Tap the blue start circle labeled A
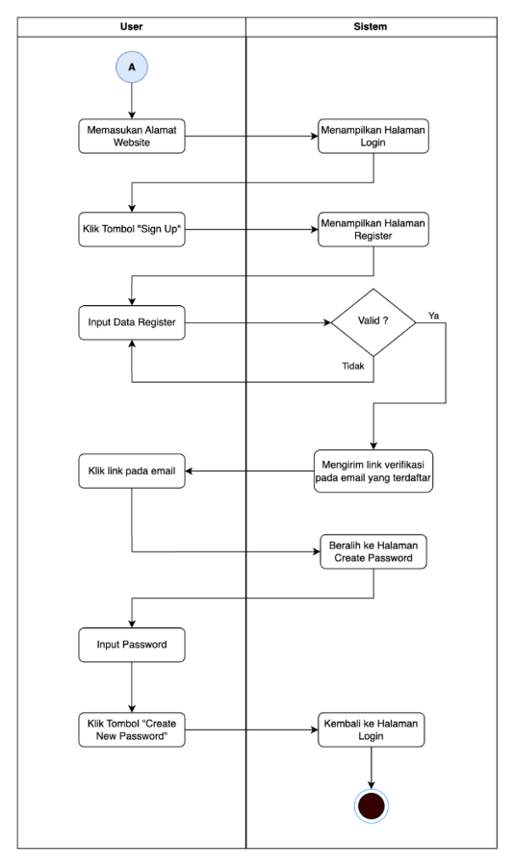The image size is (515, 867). coord(131,69)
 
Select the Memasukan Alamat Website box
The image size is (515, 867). coord(131,137)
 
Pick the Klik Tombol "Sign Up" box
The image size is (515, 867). coord(131,230)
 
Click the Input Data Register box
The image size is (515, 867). coord(131,323)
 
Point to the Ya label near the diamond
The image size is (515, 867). coord(434,315)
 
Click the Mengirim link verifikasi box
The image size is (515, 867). coord(372,472)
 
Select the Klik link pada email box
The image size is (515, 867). coord(131,472)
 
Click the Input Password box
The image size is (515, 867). coord(131,646)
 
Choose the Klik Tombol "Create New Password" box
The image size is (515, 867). coord(131,729)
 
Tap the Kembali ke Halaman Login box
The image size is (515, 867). coord(372,729)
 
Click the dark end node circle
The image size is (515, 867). coord(372,805)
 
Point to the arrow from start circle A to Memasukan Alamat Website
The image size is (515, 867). coord(131,101)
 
